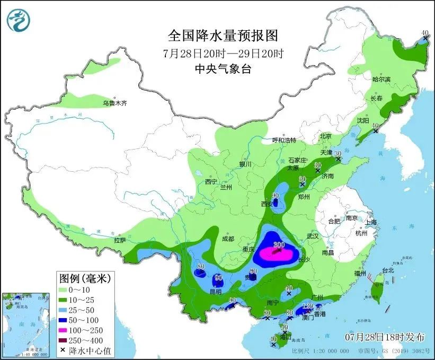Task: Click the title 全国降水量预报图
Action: point(223,36)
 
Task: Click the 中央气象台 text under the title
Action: point(223,68)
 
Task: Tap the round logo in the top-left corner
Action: point(19,20)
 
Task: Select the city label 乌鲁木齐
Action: point(115,103)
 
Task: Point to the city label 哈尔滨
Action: point(381,79)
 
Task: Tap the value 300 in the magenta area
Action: point(279,244)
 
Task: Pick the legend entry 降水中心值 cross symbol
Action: point(64,349)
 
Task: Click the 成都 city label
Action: point(228,239)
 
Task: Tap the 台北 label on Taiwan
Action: point(388,270)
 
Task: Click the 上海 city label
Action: point(371,222)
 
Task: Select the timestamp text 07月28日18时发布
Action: point(385,336)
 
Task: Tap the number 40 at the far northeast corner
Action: point(424,33)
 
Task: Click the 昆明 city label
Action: point(216,291)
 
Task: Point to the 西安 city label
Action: point(267,204)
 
